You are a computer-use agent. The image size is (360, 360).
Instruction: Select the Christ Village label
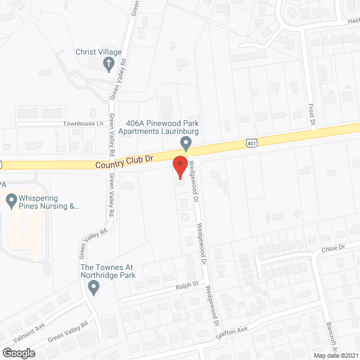98,52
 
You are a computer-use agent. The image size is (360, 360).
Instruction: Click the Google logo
19,353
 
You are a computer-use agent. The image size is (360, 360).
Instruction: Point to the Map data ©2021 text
335,355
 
